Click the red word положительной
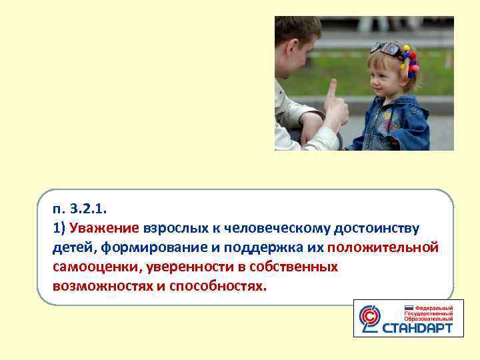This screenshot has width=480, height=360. point(383,247)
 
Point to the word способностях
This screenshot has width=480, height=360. point(219,286)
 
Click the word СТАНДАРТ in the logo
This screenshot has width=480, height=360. point(418,328)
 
